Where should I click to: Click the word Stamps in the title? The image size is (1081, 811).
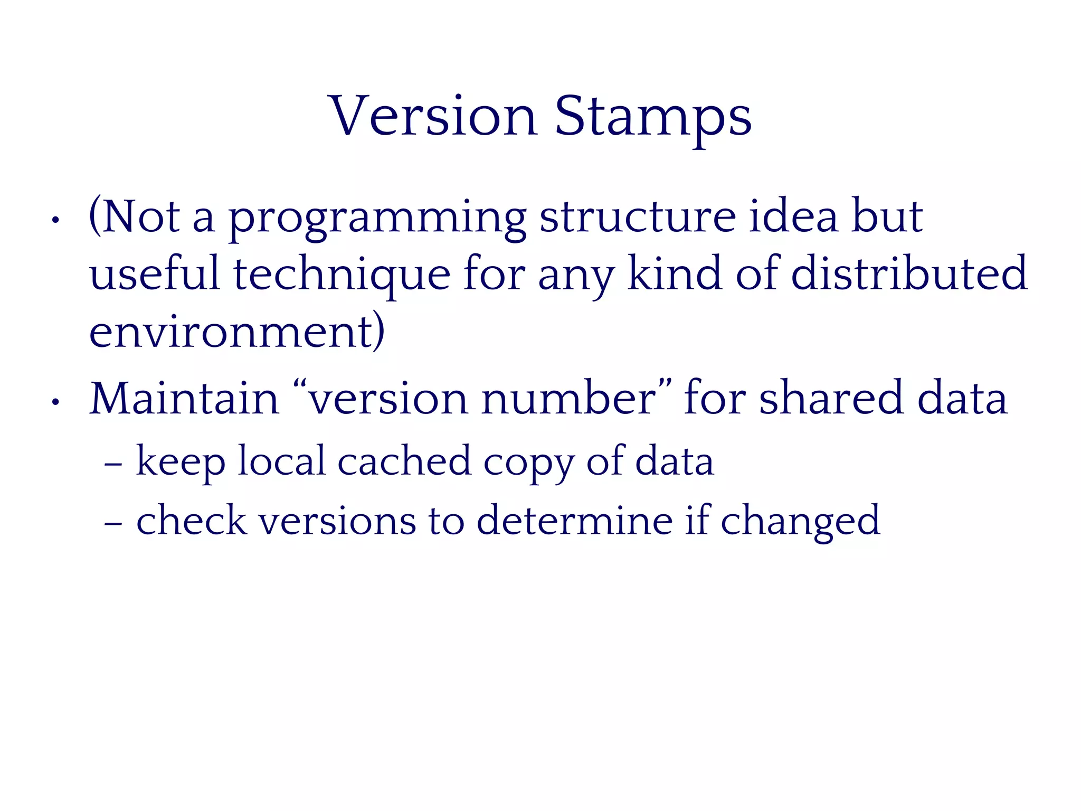tap(653, 117)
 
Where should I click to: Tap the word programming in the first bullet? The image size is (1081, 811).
tap(377, 218)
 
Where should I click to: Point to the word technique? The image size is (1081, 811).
tap(342, 275)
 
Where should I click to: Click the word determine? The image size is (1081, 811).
tap(574, 521)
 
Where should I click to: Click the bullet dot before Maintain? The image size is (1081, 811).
tap(55, 402)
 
